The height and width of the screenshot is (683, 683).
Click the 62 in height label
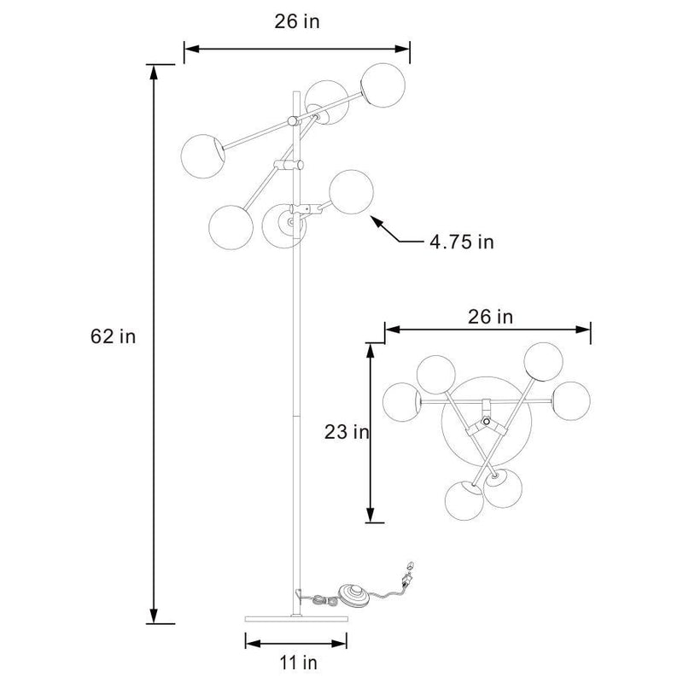point(113,336)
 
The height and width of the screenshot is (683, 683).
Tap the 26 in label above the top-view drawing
point(490,317)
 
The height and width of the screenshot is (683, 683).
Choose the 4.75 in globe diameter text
point(461,242)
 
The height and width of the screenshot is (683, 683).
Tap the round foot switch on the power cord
point(353,594)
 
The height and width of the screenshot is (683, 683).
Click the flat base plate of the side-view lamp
point(296,618)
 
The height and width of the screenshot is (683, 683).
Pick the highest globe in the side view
point(382,84)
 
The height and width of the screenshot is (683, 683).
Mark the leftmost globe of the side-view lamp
point(202,155)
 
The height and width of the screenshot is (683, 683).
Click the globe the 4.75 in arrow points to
point(350,193)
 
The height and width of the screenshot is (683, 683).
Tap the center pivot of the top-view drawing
point(486,422)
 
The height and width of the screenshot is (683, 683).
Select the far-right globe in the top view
point(571,400)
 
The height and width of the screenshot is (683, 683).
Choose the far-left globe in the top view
point(405,402)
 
